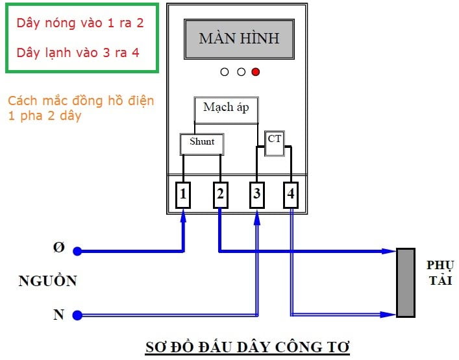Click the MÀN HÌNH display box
click(238, 39)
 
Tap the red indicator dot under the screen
click(255, 72)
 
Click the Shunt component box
click(201, 143)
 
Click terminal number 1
click(183, 195)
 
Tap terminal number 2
click(220, 195)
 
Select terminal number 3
click(256, 195)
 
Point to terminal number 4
click(291, 195)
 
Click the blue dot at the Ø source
click(77, 251)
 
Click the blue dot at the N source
click(77, 315)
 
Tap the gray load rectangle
click(406, 282)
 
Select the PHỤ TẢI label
click(440, 273)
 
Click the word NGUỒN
click(47, 282)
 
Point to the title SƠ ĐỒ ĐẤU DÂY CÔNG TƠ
click(246, 347)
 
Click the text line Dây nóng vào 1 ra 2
click(80, 23)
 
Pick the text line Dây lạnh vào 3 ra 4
click(78, 53)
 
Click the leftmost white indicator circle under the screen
click(225, 72)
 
